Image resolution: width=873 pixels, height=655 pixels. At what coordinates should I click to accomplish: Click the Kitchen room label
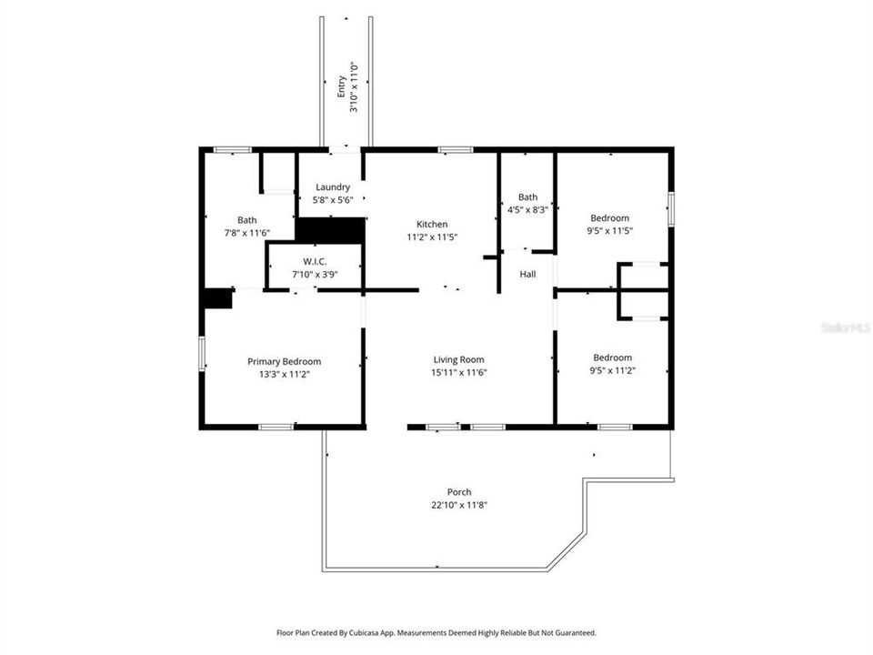(432, 224)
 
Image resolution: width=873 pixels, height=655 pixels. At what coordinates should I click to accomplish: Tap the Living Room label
(458, 359)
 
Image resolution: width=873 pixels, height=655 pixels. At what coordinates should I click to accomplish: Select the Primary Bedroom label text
(284, 361)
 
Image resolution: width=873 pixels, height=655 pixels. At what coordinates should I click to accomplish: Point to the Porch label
(459, 492)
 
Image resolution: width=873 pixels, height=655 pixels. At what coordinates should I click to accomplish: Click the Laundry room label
(332, 187)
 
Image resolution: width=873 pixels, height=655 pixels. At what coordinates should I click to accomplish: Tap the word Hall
(527, 275)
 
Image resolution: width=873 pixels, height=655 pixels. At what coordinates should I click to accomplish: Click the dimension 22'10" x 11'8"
(459, 505)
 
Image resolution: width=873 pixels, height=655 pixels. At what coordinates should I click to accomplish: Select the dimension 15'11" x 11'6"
(459, 372)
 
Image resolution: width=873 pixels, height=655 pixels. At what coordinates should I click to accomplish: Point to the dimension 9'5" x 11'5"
(610, 231)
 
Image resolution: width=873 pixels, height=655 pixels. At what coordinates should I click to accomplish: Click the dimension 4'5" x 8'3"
(527, 209)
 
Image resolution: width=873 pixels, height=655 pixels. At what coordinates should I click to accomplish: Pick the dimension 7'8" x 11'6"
(246, 233)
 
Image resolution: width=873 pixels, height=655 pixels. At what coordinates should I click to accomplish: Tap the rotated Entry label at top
(342, 86)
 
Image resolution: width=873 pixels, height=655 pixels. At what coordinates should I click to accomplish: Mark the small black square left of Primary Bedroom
(217, 298)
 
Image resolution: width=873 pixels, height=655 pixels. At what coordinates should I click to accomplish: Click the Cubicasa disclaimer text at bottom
(436, 632)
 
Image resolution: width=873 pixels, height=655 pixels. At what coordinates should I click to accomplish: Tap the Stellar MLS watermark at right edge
(846, 326)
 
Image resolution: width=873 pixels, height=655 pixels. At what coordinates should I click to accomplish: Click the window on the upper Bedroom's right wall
(671, 209)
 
